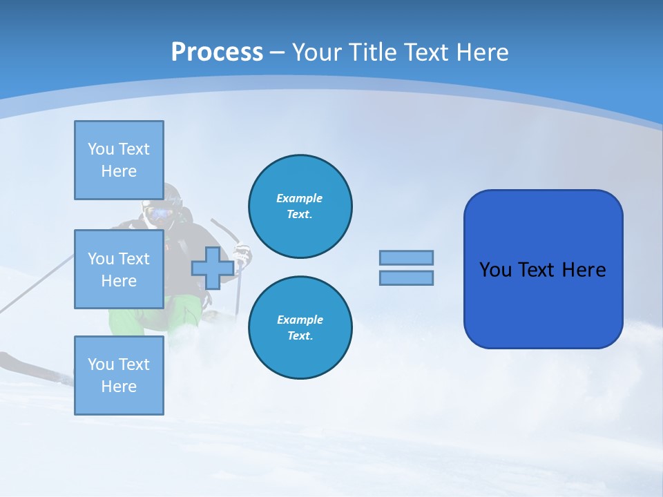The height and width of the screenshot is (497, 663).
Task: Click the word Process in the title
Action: (217, 52)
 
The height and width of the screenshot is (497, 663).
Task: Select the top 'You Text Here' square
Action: (119, 160)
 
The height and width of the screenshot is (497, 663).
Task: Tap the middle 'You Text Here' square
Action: (119, 269)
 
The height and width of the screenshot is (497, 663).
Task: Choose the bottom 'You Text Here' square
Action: (119, 375)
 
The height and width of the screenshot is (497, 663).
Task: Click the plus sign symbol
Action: (212, 269)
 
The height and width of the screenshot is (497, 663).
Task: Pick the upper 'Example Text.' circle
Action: (300, 206)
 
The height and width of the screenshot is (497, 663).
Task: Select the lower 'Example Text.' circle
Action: (300, 328)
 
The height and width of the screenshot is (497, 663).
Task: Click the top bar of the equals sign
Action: (406, 257)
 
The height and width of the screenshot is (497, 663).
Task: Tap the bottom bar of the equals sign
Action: (406, 278)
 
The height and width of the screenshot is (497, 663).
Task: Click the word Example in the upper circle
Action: (300, 198)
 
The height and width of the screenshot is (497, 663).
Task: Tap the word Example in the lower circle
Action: (300, 320)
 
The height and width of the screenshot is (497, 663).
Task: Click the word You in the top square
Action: (100, 149)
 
